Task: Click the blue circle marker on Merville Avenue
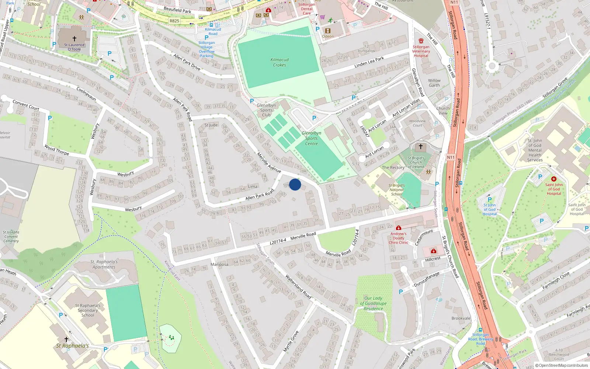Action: coord(295,184)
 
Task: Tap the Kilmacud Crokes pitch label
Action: coord(280,62)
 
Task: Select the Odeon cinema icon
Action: coord(327,31)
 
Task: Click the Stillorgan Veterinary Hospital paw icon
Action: coord(421,41)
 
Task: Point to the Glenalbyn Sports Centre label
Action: coord(311,138)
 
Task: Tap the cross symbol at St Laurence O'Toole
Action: coord(74,38)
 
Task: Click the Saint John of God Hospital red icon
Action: coord(553,179)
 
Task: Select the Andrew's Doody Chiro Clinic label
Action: coord(398,238)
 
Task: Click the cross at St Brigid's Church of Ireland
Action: coord(420,146)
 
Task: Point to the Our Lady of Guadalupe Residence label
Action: coord(373,303)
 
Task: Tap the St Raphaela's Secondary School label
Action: coord(88,310)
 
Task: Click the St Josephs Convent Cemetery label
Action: coord(11,237)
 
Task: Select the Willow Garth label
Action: coord(434,83)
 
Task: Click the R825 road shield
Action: coord(174,21)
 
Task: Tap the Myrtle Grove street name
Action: coord(291,341)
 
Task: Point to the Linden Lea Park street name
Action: coord(369,62)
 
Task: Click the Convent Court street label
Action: coord(26,105)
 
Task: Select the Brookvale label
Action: coord(461,318)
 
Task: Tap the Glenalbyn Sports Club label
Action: coord(266,110)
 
